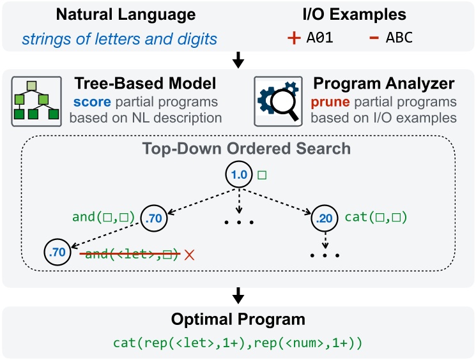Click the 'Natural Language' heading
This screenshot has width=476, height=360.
click(x=119, y=13)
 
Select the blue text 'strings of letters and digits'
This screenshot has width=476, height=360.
click(x=119, y=39)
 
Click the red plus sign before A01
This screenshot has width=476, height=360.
click(x=294, y=38)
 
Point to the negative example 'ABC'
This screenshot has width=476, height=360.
click(x=399, y=38)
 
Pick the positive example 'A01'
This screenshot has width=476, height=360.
click(x=320, y=38)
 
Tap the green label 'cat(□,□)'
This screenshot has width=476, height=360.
click(x=376, y=218)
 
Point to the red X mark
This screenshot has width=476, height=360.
click(x=188, y=255)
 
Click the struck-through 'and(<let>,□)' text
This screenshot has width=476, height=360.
click(x=128, y=255)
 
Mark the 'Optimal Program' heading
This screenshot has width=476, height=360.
click(x=238, y=319)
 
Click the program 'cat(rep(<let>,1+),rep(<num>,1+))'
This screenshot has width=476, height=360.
click(x=238, y=343)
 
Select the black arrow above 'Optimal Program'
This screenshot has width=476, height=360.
click(x=238, y=294)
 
